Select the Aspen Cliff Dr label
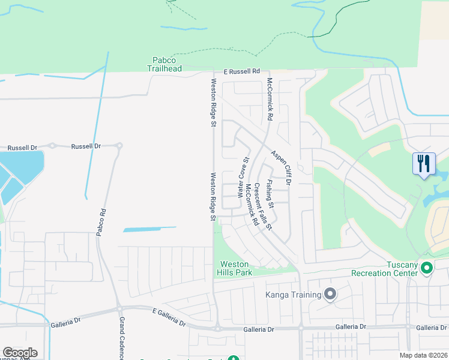click(x=280, y=167)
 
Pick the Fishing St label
click(x=271, y=194)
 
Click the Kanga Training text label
click(x=292, y=295)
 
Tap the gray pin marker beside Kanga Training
click(x=330, y=294)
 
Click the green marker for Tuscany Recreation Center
click(x=427, y=268)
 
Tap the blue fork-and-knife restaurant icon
click(x=424, y=163)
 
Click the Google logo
click(x=20, y=353)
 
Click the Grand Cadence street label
click(x=121, y=339)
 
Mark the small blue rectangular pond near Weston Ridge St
click(x=149, y=229)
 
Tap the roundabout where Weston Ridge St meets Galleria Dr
click(x=216, y=328)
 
